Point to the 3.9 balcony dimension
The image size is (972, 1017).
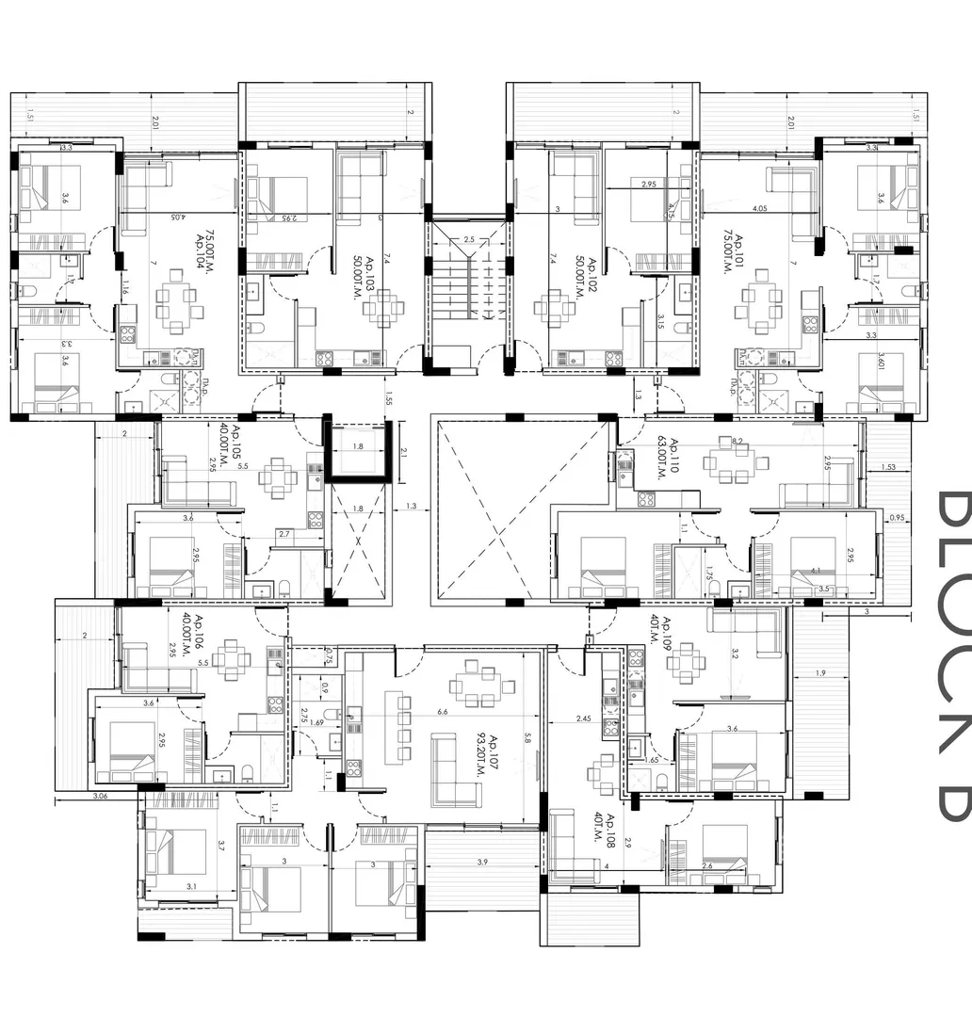point(482,863)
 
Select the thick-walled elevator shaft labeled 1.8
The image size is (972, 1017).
point(357,453)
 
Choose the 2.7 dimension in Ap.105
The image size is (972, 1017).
point(283,533)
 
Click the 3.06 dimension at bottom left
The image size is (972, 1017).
point(99,797)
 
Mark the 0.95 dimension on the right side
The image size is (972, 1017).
point(897,517)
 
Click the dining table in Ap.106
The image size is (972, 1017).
point(231,659)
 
